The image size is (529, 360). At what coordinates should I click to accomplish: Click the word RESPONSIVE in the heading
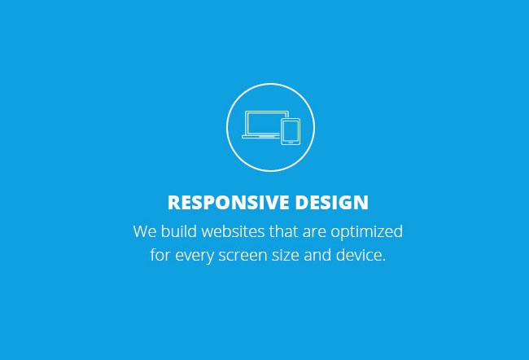pos(229,202)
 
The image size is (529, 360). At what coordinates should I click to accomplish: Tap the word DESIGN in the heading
pos(331,202)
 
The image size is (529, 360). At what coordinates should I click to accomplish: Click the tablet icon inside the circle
pos(291,132)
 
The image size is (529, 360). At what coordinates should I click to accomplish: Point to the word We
pos(145,231)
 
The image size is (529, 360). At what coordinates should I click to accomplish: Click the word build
pos(179,231)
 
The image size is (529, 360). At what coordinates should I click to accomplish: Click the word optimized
pos(367,232)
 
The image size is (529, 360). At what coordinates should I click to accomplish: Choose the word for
pos(160,255)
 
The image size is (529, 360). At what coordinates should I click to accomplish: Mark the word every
pos(195,257)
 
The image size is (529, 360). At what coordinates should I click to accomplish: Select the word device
pos(358,255)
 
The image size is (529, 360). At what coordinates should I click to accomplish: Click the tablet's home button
pos(291,143)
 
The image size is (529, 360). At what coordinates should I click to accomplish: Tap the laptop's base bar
pos(260,137)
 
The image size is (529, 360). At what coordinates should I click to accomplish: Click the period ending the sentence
pos(383,260)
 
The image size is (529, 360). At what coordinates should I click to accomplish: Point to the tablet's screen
pos(291,130)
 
